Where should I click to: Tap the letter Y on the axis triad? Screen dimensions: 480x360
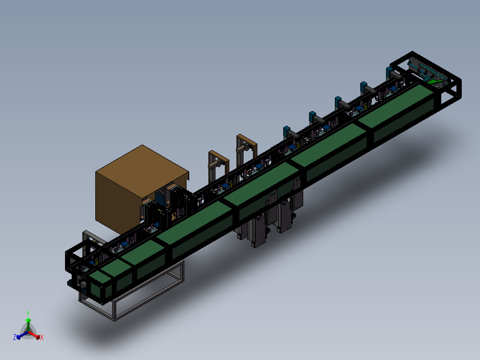(28, 313)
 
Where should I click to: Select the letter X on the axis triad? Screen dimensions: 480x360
(42, 337)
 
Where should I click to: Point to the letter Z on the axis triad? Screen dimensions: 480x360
(15, 337)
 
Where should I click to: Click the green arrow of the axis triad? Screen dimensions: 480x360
(28, 324)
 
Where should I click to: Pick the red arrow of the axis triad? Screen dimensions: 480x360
(34, 335)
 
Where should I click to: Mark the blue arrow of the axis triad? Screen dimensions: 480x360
(22, 335)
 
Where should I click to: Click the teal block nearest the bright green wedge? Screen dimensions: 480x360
(389, 72)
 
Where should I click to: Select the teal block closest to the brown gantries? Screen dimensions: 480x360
(287, 131)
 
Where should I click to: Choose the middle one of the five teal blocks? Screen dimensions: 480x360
(338, 102)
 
